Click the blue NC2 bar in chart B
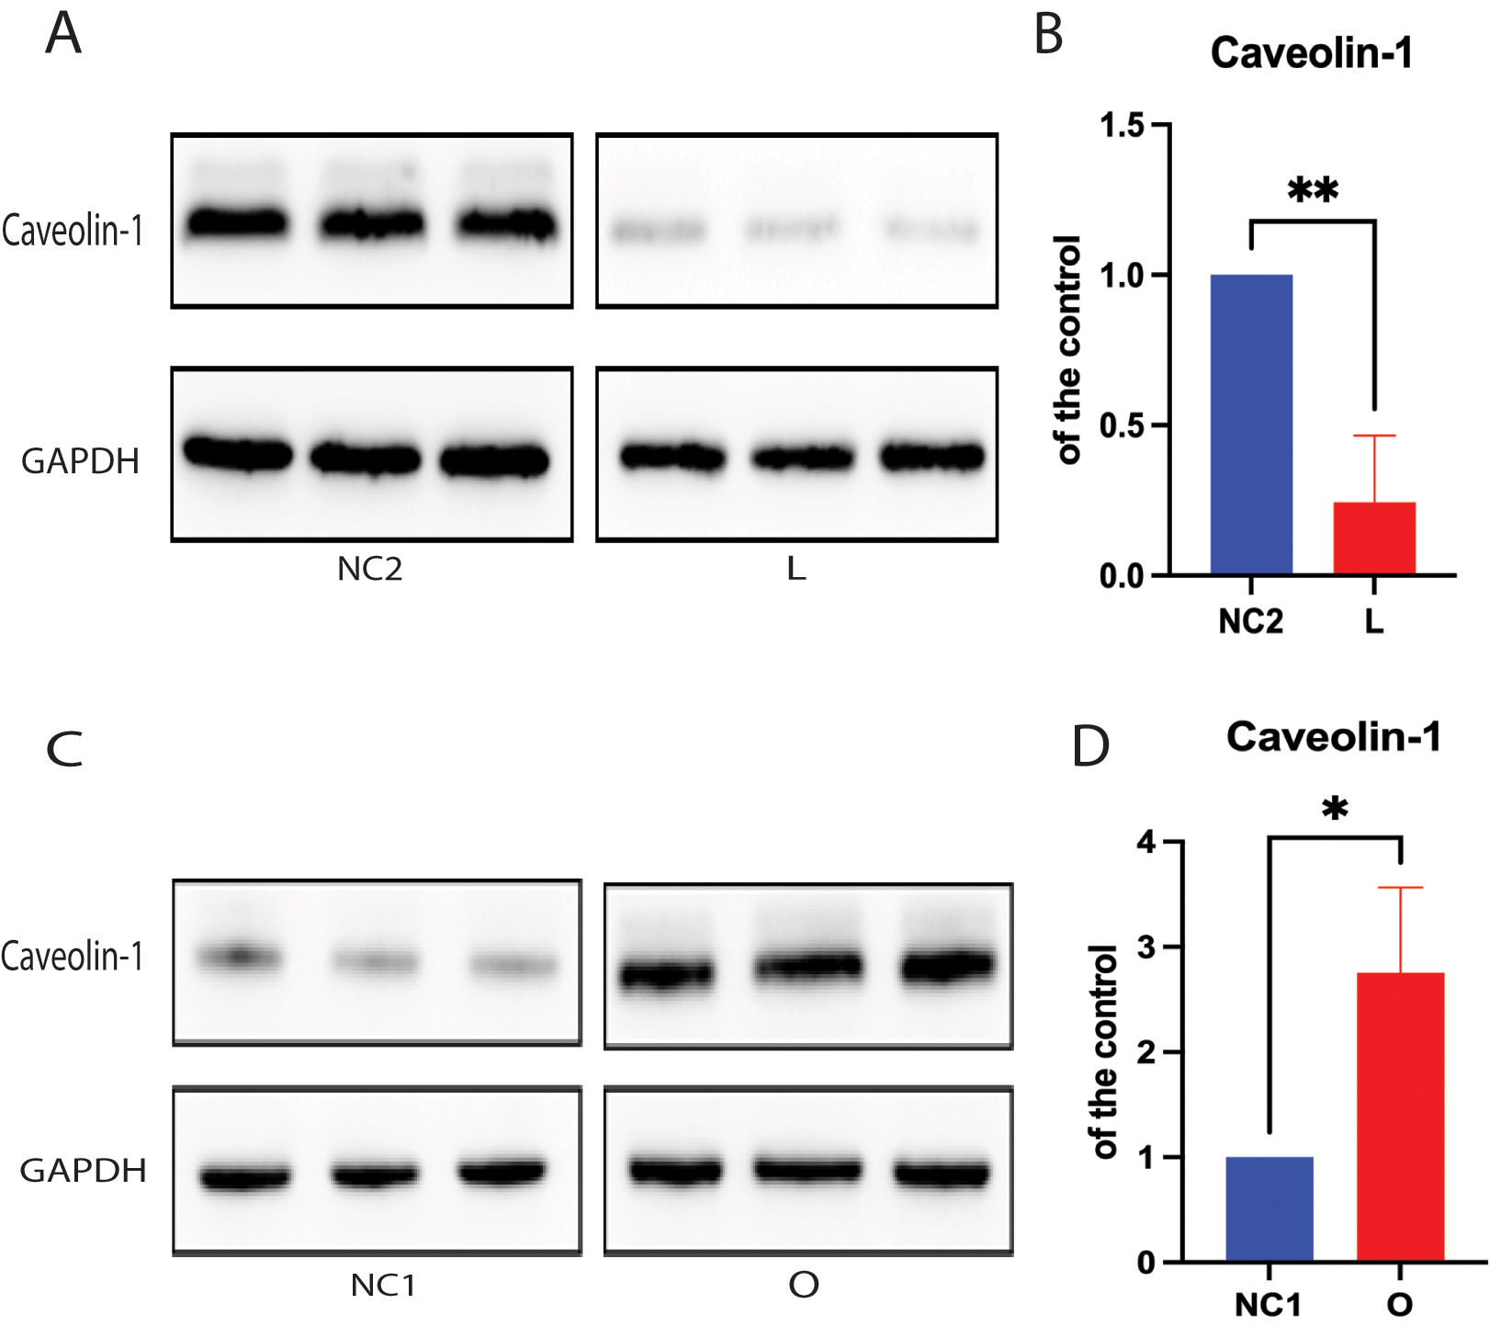pos(1251,425)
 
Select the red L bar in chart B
pos(1374,539)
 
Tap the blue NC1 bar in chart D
pos(1269,1208)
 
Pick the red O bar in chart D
pos(1400,1117)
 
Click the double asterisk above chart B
pos(1313,191)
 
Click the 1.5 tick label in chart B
pos(1122,125)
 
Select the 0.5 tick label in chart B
pos(1122,425)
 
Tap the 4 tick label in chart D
pos(1146,842)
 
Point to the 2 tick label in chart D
pos(1146,1052)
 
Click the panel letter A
pos(63,35)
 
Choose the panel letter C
pos(64,749)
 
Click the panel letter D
pos(1090,747)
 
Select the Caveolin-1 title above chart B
pos(1311,53)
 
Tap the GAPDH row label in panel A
pos(80,461)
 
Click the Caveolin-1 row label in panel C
pos(73,957)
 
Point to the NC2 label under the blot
pos(369,570)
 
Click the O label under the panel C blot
pos(804,1285)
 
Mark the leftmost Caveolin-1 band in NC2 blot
pos(238,223)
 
